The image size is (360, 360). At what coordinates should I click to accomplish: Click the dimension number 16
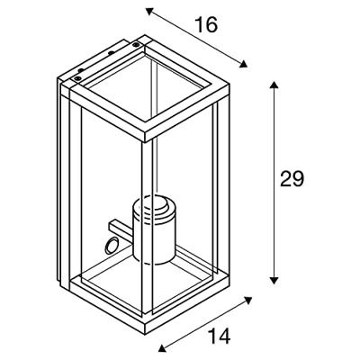[x=206, y=24]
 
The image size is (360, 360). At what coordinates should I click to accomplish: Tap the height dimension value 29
[x=292, y=179]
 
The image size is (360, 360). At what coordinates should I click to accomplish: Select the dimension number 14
[x=220, y=337]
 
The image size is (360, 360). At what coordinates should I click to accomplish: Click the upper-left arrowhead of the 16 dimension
[x=149, y=12]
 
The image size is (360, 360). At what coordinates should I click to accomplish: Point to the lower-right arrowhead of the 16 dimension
[x=244, y=64]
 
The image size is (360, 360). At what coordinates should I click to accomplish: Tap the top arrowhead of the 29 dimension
[x=274, y=85]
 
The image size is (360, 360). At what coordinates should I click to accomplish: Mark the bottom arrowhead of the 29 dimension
[x=274, y=280]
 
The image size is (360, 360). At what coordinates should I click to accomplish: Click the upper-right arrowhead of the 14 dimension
[x=247, y=300]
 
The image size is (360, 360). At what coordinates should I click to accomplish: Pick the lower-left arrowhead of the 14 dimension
[x=162, y=347]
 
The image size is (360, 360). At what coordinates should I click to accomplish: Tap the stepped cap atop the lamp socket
[x=154, y=207]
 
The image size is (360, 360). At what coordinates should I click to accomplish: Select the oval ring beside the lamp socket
[x=111, y=245]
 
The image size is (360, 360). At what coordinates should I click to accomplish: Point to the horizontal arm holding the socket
[x=121, y=229]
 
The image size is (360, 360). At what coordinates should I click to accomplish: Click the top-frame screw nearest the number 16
[x=137, y=45]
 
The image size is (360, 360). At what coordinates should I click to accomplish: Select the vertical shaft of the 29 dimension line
[x=274, y=183]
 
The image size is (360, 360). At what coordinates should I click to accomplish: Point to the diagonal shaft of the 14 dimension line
[x=204, y=324]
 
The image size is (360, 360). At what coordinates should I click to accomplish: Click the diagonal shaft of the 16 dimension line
[x=196, y=38]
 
